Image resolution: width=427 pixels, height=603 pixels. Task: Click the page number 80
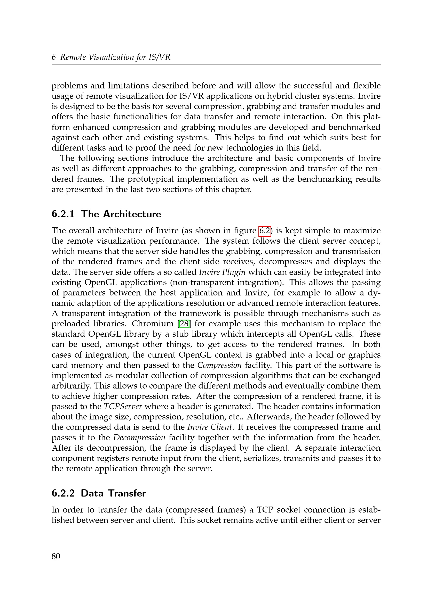[x=56, y=556]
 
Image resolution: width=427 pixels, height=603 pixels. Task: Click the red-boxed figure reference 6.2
[x=265, y=230]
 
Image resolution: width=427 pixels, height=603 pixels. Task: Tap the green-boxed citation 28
[x=184, y=324]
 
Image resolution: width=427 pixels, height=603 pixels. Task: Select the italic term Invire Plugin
[x=222, y=272]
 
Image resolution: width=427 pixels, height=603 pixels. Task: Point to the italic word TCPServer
[x=123, y=406]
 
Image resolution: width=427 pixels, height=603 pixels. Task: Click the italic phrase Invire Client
[x=210, y=427]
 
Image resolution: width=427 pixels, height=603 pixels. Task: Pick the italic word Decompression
[x=139, y=437]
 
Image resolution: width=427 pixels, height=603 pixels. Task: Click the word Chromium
[x=153, y=324]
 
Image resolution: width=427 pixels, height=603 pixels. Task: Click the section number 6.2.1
[x=63, y=214]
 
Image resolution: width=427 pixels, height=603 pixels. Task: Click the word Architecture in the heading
[x=132, y=214]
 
